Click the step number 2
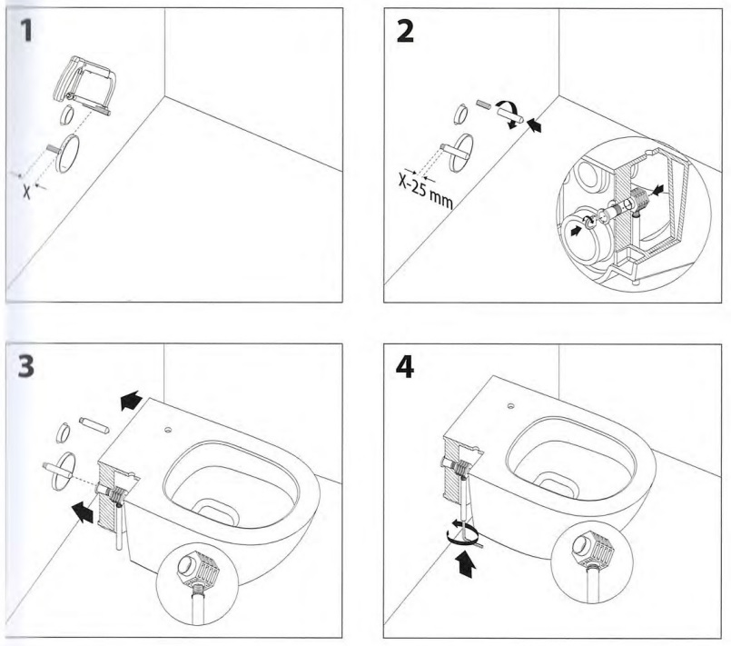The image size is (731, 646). pos(406,32)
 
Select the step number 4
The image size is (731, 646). pos(406,366)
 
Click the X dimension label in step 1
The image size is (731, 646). pos(27,192)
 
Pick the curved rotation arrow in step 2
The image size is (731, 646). pos(514,115)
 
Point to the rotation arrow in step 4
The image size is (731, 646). pos(464,538)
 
